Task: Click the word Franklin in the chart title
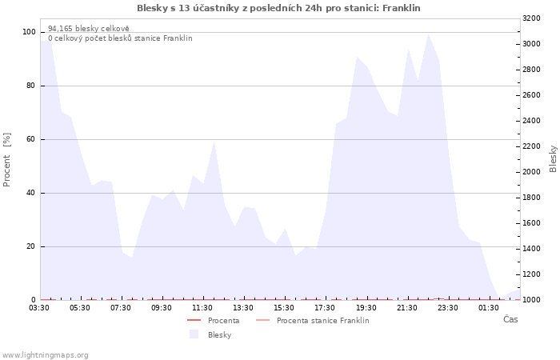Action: [401, 8]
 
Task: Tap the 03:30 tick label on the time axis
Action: [39, 308]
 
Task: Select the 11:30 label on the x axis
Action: [202, 308]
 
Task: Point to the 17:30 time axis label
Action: [325, 308]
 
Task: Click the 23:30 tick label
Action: [447, 308]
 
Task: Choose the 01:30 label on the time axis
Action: [489, 308]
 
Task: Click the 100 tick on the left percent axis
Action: [29, 32]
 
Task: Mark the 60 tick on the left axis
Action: [31, 139]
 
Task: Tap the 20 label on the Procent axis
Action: [31, 246]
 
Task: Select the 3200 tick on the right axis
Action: [531, 18]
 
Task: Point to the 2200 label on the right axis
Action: [531, 146]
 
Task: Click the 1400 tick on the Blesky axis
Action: [531, 249]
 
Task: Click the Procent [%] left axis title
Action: [6, 160]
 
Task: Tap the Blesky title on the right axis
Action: [553, 159]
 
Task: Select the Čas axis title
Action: [510, 319]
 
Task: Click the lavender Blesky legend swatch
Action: [194, 334]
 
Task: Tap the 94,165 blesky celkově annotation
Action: [89, 29]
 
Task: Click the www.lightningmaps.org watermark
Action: [45, 355]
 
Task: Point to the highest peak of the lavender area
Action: [428, 34]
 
